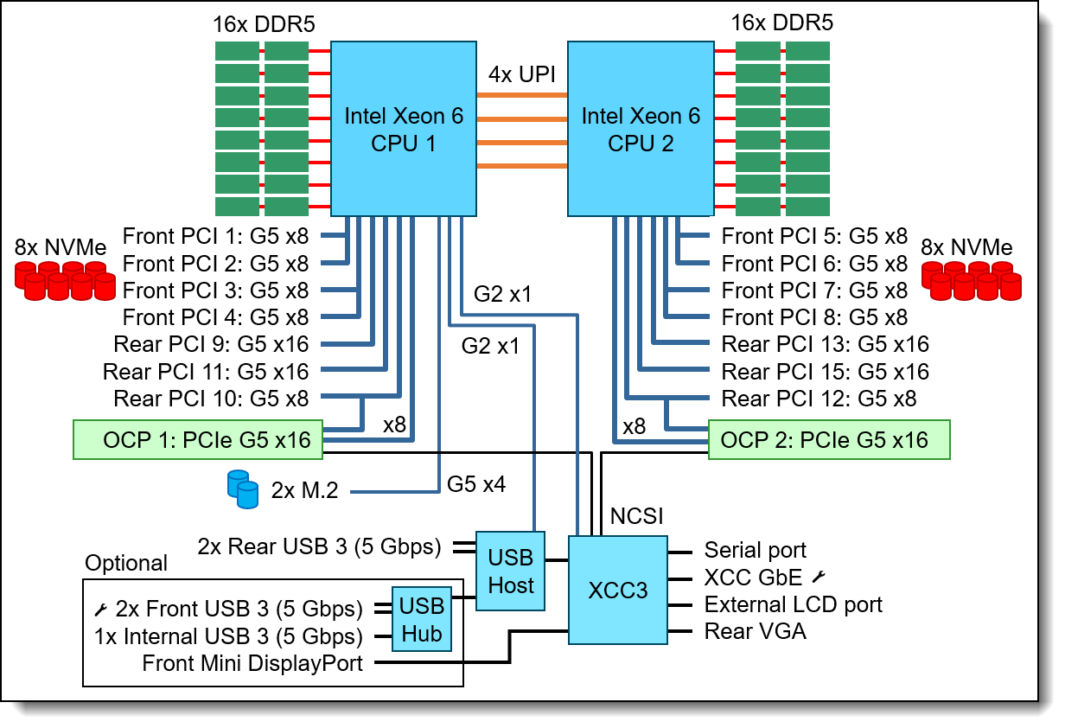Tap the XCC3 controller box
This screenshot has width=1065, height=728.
tap(617, 590)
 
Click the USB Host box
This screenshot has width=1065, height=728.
tap(511, 572)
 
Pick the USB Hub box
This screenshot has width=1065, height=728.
tap(422, 620)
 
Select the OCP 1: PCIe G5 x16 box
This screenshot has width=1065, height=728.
tap(198, 439)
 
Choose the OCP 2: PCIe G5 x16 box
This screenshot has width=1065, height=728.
tap(829, 439)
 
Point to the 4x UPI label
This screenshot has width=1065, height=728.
tap(521, 74)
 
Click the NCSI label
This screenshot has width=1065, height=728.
tap(637, 517)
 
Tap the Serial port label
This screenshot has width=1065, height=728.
tap(755, 551)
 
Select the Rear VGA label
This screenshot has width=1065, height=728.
tap(755, 632)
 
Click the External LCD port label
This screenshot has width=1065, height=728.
tap(793, 604)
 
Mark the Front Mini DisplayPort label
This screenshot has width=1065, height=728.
tap(252, 664)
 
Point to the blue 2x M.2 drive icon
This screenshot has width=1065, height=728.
tap(243, 489)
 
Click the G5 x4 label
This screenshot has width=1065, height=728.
tap(475, 484)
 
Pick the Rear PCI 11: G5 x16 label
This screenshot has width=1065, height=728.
tap(206, 372)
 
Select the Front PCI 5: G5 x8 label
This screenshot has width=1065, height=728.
tap(814, 235)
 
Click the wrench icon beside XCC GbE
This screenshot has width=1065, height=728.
tap(820, 577)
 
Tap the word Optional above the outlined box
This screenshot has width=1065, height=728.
tap(126, 564)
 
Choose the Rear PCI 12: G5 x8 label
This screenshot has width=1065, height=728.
tap(819, 399)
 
